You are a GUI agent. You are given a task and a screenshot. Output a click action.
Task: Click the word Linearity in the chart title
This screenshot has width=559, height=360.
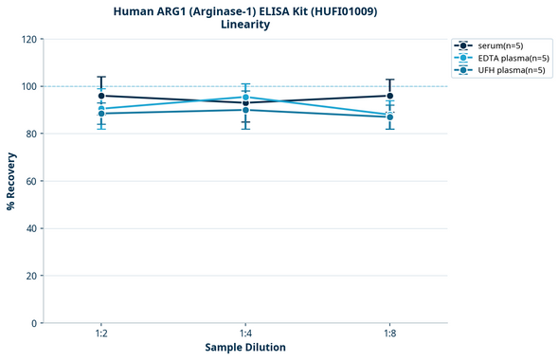pos(245,25)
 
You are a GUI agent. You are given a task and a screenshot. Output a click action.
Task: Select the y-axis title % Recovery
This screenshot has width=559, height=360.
pos(11,181)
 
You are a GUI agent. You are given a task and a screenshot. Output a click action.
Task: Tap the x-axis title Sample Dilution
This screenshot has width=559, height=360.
pos(245,348)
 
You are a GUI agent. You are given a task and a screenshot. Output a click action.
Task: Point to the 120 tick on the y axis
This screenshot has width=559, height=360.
pos(28,39)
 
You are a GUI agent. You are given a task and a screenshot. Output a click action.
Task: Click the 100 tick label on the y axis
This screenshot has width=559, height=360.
pos(28,86)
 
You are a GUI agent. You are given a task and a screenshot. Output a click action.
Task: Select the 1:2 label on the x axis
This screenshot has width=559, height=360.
pos(101,333)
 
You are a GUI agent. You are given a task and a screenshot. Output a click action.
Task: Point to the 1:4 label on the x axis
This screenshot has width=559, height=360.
pos(245,333)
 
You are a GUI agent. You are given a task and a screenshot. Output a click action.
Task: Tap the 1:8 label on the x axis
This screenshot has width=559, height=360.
pos(389,333)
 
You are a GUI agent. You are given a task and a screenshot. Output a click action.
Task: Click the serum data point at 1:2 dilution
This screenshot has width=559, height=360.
pos(101,96)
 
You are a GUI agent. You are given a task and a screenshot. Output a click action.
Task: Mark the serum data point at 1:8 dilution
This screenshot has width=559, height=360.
pos(389,96)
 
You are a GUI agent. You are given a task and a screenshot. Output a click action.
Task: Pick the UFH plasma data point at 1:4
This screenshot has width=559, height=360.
pos(245,110)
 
